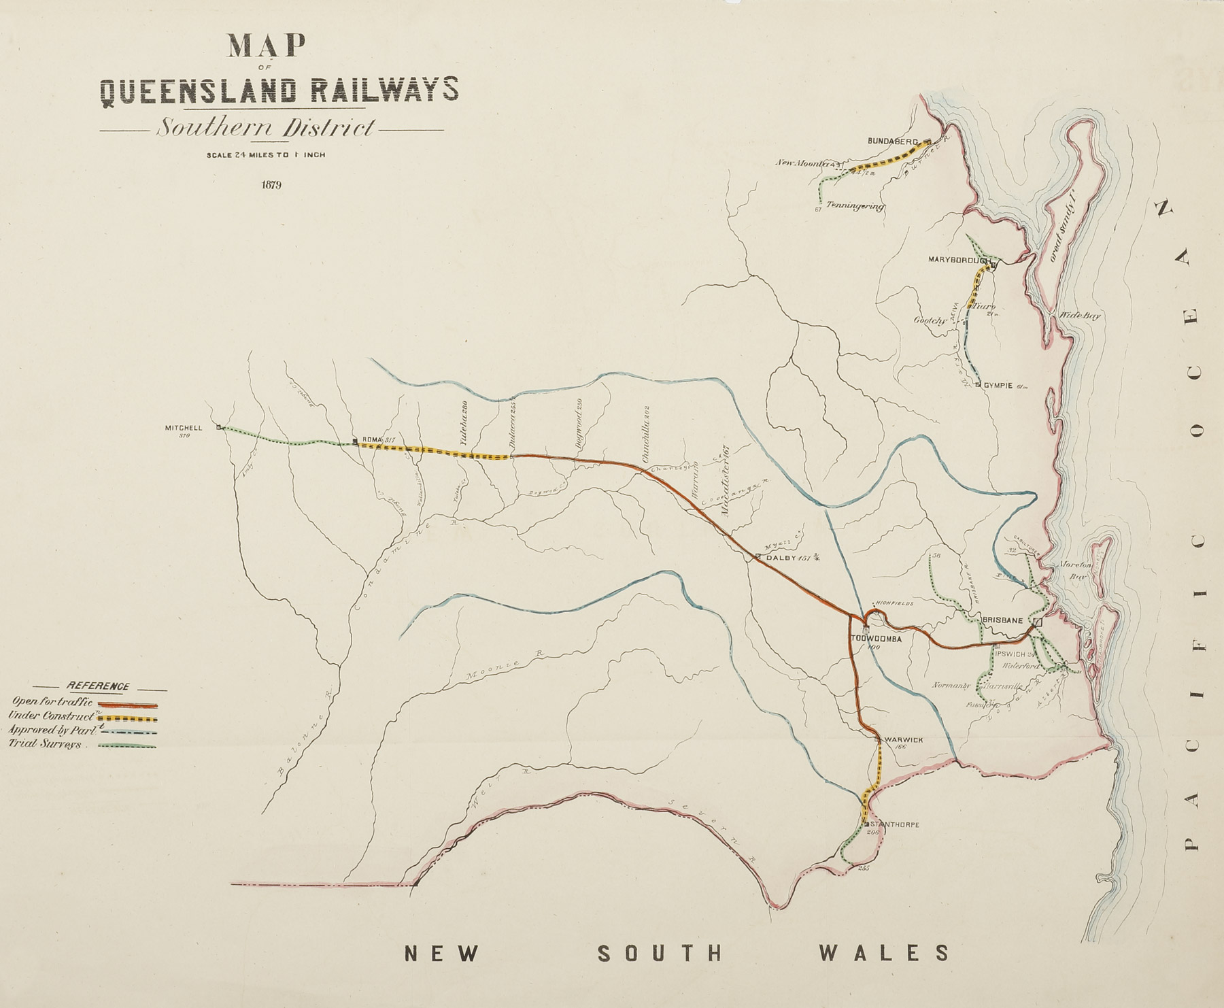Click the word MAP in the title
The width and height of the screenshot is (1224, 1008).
tap(266, 46)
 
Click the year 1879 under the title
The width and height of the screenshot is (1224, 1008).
tap(271, 185)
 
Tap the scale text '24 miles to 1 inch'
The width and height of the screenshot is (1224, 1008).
tap(266, 155)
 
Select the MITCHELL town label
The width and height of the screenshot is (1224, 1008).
tap(184, 428)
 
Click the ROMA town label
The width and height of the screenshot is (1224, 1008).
tap(373, 440)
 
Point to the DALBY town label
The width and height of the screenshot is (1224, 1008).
tap(781, 558)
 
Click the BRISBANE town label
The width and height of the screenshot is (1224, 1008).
tap(1003, 620)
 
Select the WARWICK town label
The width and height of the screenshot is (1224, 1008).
tap(904, 739)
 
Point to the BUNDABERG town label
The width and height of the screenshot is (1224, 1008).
tap(893, 141)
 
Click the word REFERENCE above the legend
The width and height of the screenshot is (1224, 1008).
tap(96, 686)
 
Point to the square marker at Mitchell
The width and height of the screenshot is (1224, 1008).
tap(219, 427)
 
